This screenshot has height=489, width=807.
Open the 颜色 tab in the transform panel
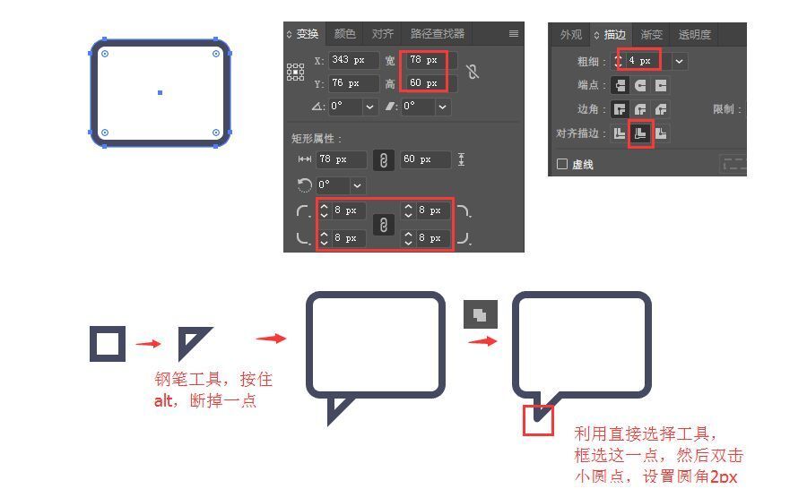(344, 34)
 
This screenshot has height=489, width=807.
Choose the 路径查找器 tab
(437, 34)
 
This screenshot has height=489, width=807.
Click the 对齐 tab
(383, 34)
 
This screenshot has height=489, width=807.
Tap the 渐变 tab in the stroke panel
(652, 35)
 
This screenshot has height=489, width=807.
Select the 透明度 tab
(694, 35)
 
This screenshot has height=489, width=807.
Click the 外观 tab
(571, 35)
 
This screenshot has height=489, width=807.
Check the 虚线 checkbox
(562, 165)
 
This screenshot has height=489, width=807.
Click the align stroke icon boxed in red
(640, 133)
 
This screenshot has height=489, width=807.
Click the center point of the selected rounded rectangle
(160, 92)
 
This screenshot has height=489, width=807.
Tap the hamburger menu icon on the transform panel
(514, 34)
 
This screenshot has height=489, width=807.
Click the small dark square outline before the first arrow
(108, 344)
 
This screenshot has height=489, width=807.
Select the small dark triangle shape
(191, 341)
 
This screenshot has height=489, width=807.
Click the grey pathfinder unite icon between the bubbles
(480, 314)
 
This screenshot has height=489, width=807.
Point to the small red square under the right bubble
(538, 420)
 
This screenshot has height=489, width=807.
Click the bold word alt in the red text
(163, 400)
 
